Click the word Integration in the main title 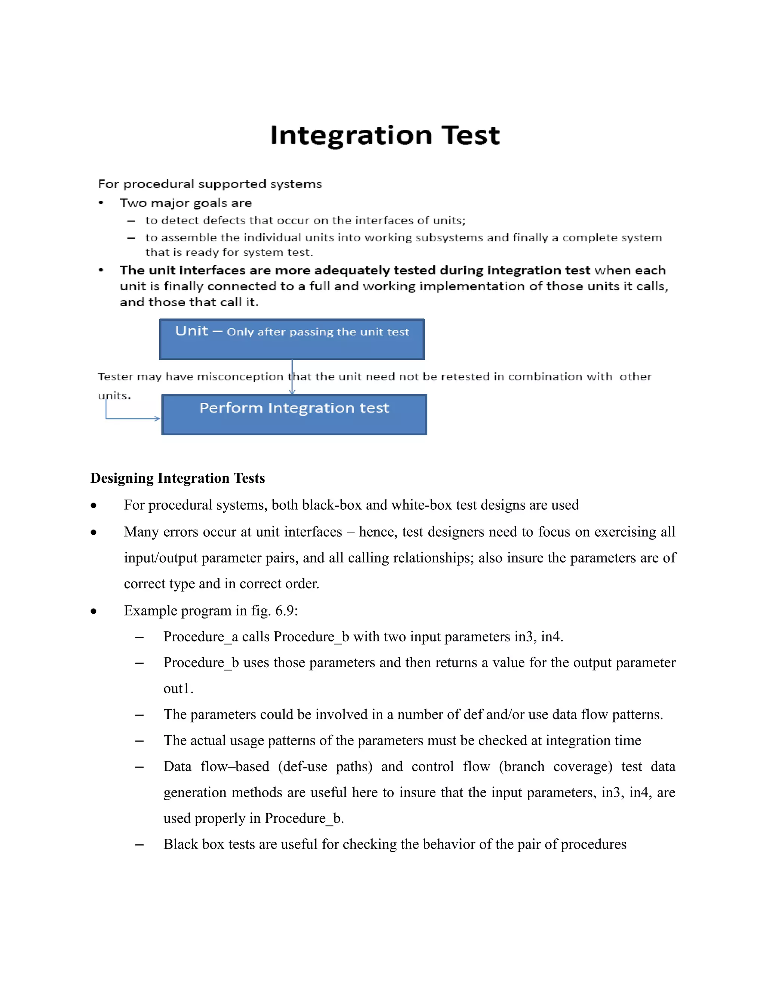351,136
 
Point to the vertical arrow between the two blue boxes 292,377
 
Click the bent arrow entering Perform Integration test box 132,418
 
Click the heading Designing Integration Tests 177,478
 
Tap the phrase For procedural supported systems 210,184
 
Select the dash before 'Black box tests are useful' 139,845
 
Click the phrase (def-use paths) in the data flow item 325,767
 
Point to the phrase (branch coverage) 555,767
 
